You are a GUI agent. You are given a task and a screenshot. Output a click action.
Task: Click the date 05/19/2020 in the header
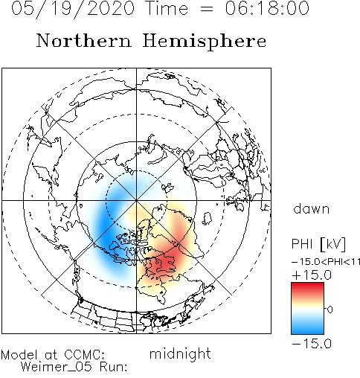point(73,9)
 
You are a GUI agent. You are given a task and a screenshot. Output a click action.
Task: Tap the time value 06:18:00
point(267,8)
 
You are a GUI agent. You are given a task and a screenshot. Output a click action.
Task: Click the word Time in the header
point(167,8)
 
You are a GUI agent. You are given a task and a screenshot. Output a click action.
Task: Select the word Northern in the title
point(83,40)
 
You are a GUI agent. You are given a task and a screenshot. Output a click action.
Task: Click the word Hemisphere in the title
point(205,42)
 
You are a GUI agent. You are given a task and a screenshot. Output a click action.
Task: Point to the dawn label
point(311,208)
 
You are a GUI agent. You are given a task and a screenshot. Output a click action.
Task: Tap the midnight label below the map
point(180,353)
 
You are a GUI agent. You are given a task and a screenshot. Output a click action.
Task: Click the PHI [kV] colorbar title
point(318,244)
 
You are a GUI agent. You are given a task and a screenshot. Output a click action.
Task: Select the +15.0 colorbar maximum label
point(312,275)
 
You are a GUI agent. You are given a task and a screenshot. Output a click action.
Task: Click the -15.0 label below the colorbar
point(312,344)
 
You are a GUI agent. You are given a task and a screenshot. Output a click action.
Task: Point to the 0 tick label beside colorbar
point(330,310)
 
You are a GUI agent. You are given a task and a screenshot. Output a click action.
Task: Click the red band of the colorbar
point(307,289)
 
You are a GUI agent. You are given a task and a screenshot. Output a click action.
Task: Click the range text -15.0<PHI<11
point(326,262)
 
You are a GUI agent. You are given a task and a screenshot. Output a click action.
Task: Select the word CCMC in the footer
point(84,354)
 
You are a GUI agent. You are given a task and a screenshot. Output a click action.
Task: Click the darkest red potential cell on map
point(166,263)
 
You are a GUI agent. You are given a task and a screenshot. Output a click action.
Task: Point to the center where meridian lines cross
point(136,200)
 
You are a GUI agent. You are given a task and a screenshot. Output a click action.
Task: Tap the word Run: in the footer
point(114,367)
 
